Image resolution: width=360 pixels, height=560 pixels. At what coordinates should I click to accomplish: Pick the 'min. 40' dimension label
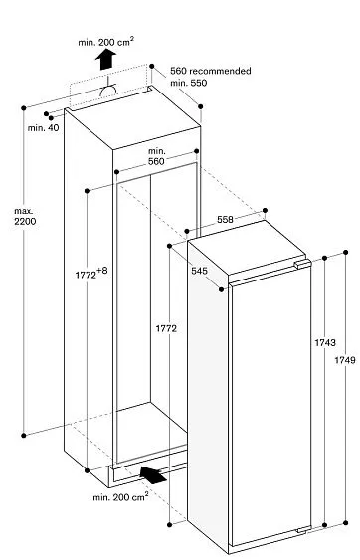pos(44,128)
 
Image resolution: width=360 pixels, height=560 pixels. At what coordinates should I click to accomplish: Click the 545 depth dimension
pos(200,270)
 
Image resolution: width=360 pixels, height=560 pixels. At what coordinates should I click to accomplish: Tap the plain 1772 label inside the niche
pos(166,328)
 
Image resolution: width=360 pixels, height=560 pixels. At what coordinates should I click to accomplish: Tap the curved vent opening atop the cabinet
pos(109,92)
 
